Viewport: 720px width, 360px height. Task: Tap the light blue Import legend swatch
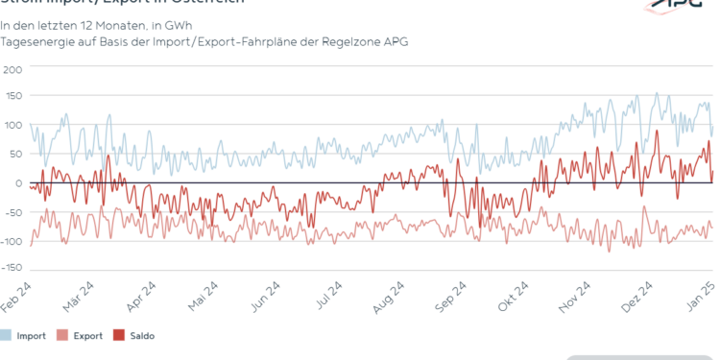(7, 335)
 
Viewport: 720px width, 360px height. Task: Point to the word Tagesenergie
(37, 43)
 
